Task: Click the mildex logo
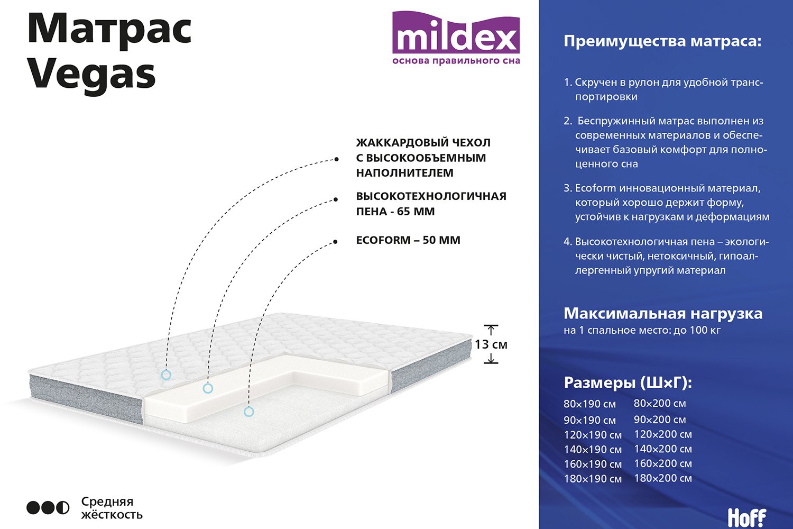click(456, 38)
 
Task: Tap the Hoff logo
click(747, 518)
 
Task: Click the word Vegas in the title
click(91, 76)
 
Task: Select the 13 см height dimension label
click(491, 344)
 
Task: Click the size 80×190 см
click(589, 404)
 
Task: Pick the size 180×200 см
click(663, 478)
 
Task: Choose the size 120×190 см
click(593, 435)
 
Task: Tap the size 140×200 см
click(663, 449)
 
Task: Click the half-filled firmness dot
click(63, 508)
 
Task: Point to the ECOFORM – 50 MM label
click(408, 240)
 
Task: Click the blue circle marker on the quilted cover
click(166, 375)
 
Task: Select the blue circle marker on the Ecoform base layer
click(249, 412)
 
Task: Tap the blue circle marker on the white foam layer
click(208, 388)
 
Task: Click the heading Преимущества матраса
click(662, 42)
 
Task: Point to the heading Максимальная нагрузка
click(663, 314)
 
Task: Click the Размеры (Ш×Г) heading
click(628, 382)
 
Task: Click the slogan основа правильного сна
click(456, 61)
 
